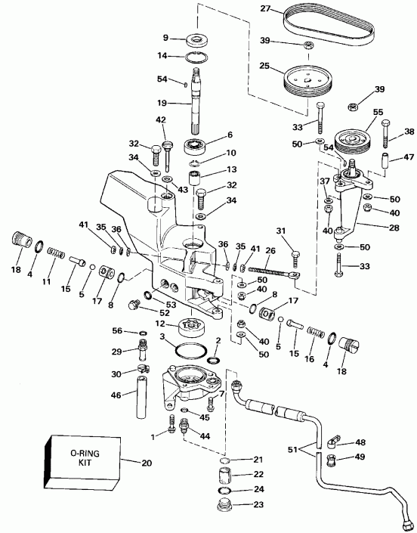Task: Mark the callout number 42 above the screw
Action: point(160,119)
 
